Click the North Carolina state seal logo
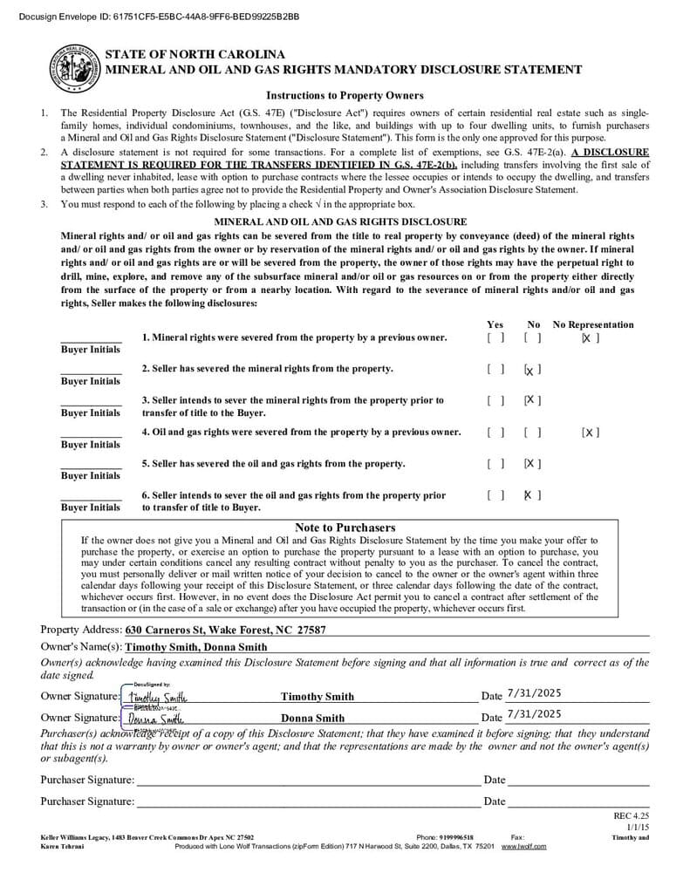tap(72, 68)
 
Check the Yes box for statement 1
tap(495, 337)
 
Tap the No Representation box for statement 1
tap(591, 337)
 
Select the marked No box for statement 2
tap(532, 370)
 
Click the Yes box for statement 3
tap(495, 401)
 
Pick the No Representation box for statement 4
tap(591, 433)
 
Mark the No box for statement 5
tap(532, 464)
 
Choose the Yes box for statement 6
tap(495, 495)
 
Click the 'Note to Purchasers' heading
tap(345, 528)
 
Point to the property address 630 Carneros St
tap(226, 630)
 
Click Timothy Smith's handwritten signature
tap(157, 697)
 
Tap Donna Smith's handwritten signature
tap(155, 719)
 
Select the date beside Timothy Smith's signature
tap(534, 693)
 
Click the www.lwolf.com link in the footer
tap(523, 847)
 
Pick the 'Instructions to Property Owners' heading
tap(345, 95)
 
